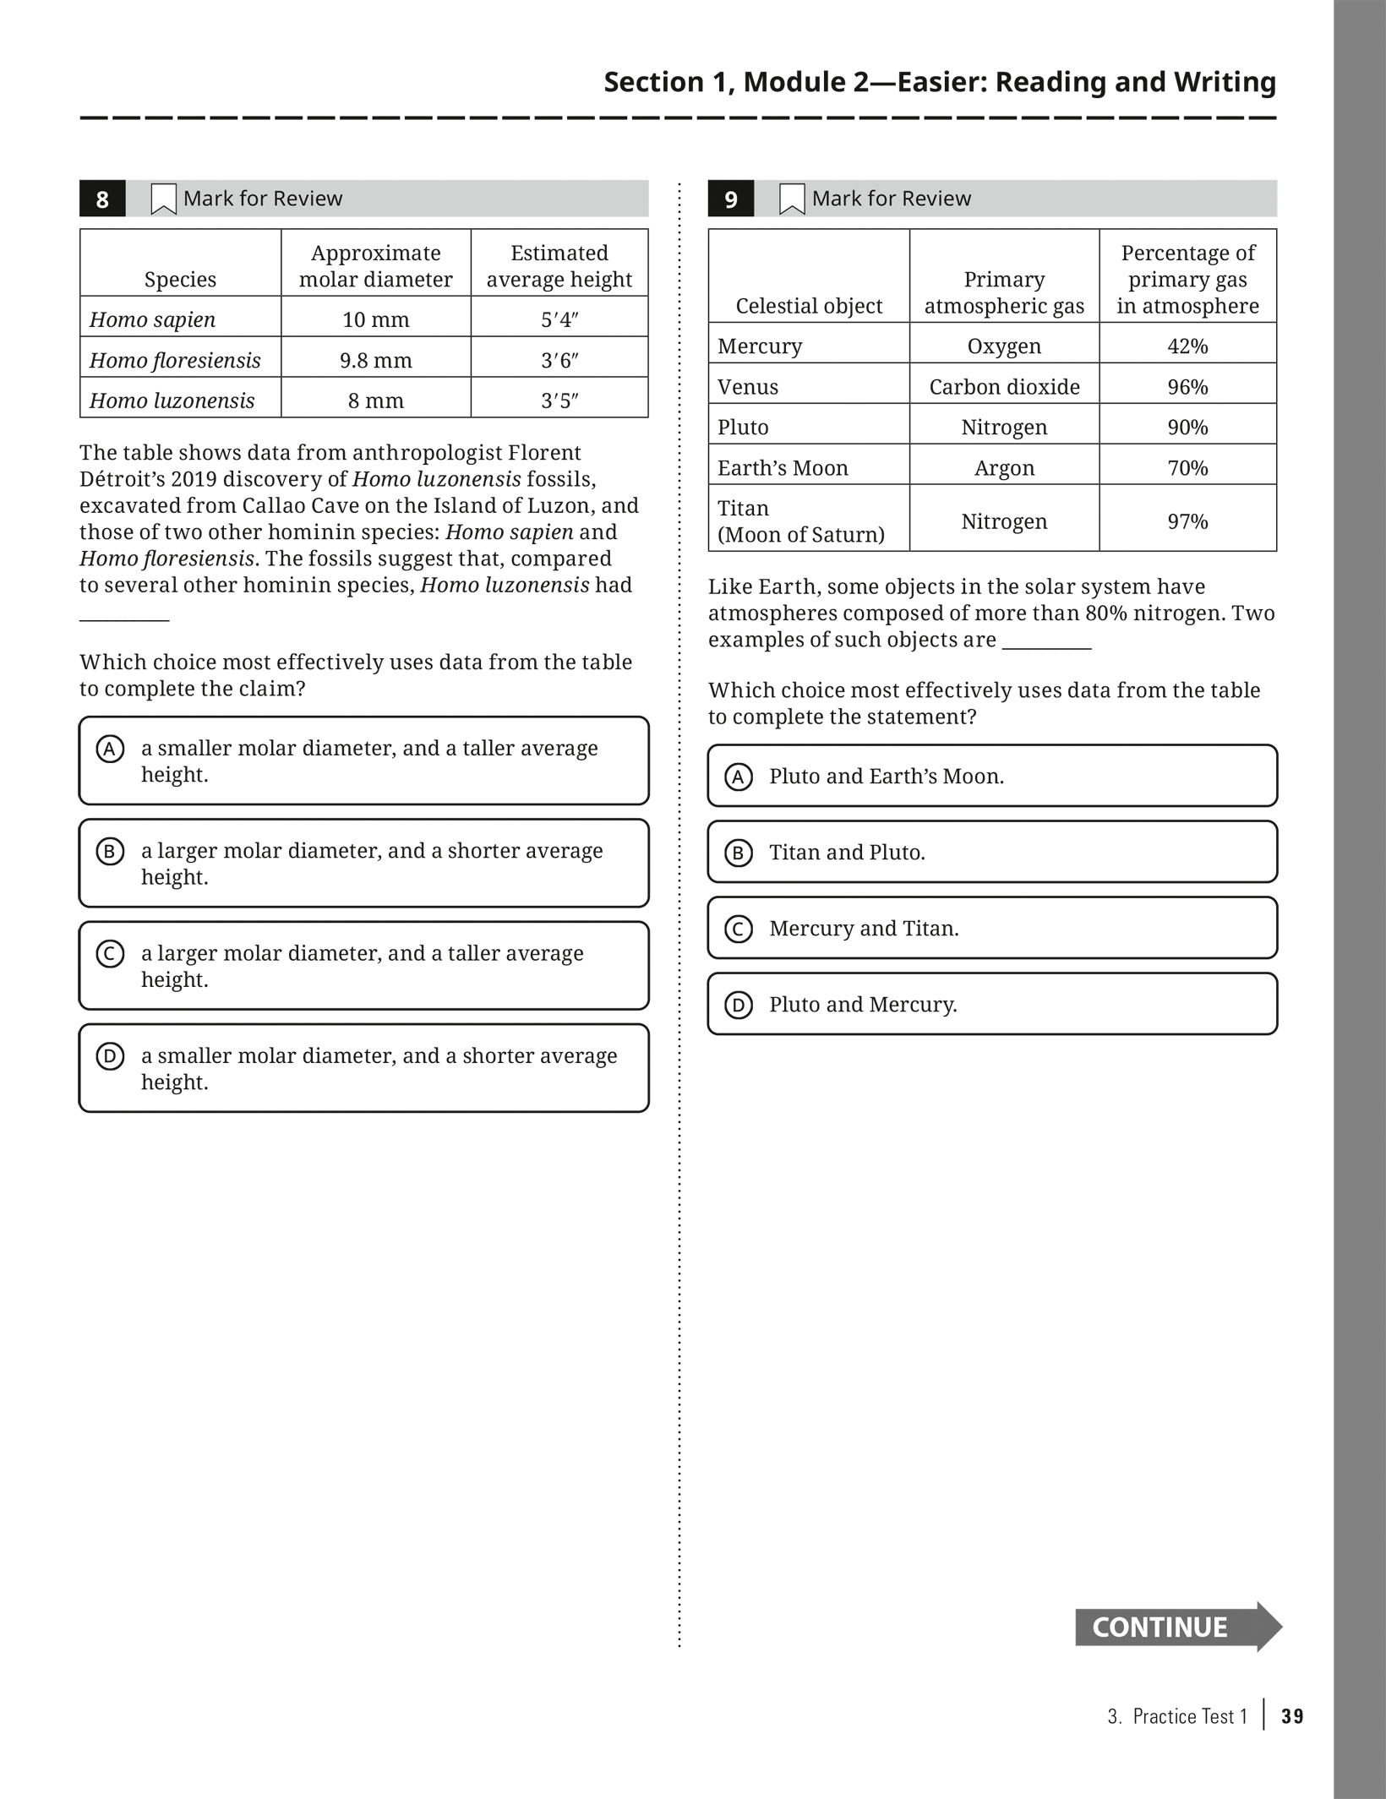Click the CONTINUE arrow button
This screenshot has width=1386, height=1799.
coord(1176,1627)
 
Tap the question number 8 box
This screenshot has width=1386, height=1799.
coord(102,199)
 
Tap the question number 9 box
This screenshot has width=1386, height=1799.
coord(731,199)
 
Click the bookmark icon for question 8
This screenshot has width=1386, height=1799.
coord(163,199)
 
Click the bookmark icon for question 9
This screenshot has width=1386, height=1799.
coord(792,199)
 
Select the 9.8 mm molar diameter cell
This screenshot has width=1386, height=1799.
coord(375,360)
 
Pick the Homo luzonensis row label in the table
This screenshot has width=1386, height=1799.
coord(172,401)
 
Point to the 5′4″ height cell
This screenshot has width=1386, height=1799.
coord(559,319)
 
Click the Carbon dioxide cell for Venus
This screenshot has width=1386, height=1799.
coord(1004,386)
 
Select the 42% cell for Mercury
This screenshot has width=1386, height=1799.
coord(1187,346)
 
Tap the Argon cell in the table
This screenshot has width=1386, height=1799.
coord(1004,467)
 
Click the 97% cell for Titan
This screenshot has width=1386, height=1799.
coord(1187,521)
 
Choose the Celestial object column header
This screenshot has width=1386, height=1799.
coord(809,305)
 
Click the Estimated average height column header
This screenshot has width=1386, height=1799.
coord(559,265)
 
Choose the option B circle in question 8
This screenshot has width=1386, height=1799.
coord(110,851)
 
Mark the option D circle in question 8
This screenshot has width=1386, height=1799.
coord(110,1056)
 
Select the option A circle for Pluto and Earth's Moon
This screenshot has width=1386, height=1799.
coord(739,777)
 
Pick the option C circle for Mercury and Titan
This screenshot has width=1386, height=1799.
coord(739,929)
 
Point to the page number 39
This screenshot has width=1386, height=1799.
coord(1292,1716)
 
